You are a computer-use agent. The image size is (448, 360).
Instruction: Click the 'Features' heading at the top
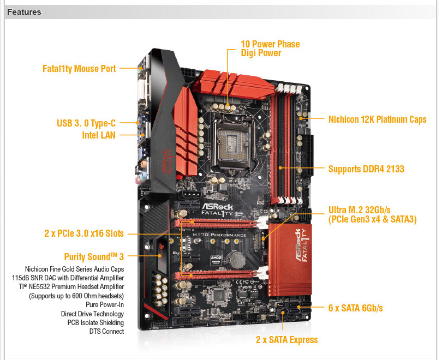click(x=25, y=12)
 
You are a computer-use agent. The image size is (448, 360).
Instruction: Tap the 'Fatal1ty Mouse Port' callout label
click(x=79, y=69)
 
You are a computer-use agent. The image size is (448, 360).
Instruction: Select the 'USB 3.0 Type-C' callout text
click(x=86, y=123)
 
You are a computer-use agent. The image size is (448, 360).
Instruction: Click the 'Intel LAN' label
click(x=99, y=135)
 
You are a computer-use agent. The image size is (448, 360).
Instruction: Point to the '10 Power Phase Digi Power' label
click(x=270, y=49)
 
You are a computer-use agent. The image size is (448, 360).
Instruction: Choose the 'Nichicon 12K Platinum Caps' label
click(x=378, y=119)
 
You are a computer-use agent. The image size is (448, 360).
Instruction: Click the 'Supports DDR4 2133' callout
click(x=366, y=169)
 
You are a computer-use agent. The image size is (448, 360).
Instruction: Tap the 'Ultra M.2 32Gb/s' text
click(x=360, y=210)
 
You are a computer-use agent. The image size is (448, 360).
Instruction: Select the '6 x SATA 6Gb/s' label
click(x=356, y=308)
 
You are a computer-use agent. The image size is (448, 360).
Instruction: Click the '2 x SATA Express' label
click(x=287, y=340)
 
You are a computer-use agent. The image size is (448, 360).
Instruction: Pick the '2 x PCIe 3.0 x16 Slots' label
click(x=84, y=233)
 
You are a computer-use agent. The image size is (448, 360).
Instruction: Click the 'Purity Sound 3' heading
click(x=94, y=257)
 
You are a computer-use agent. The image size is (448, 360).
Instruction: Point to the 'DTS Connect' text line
click(x=106, y=332)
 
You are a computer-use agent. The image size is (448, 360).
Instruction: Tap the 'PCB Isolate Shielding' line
click(x=95, y=322)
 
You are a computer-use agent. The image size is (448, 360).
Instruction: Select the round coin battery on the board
click(x=237, y=259)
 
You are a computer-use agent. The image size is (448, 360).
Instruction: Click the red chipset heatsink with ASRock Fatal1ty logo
click(x=290, y=259)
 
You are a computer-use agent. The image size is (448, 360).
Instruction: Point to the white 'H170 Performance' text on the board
click(x=219, y=235)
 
